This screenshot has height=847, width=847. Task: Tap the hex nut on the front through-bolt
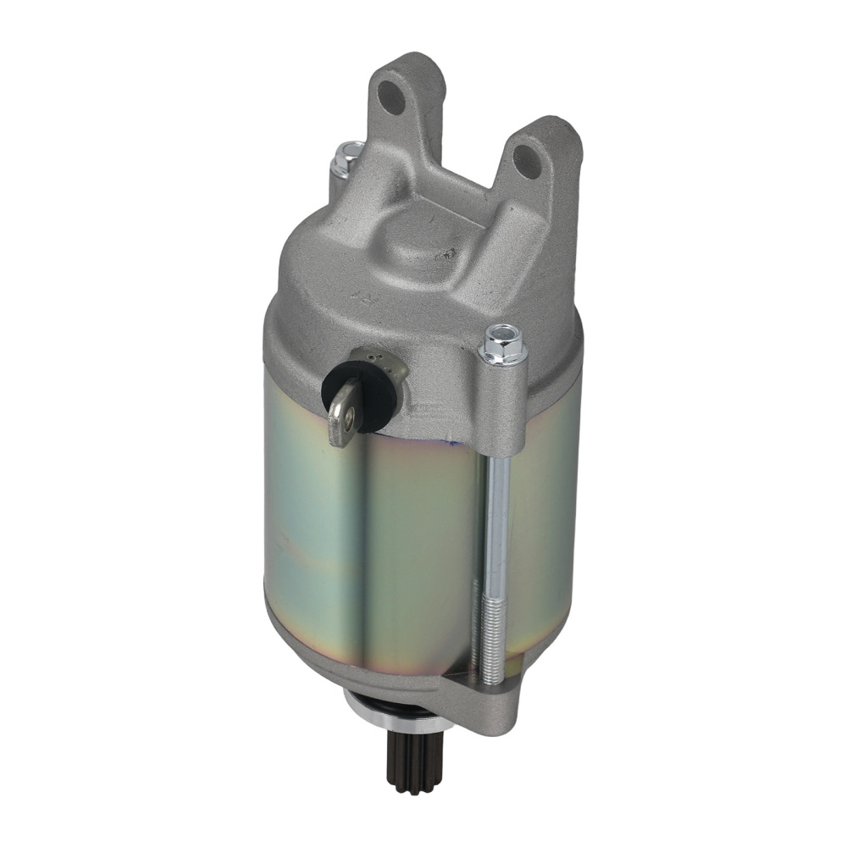[502, 343]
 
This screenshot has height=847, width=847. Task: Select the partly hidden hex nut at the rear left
[347, 158]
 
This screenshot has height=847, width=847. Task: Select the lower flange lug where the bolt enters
[483, 690]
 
